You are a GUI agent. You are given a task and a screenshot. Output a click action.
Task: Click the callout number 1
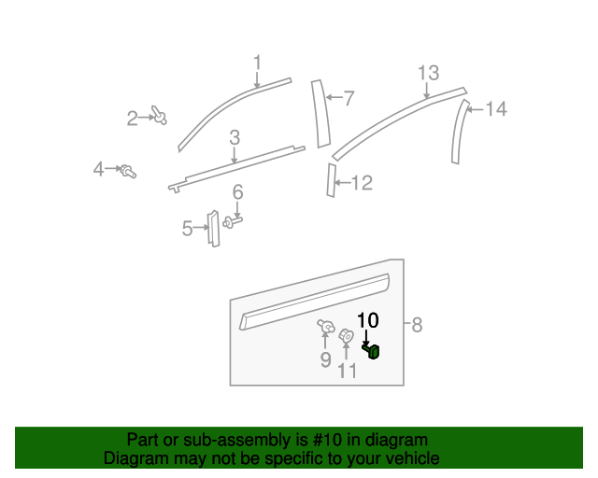pos(257,63)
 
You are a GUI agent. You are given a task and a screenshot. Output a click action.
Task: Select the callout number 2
pos(133,118)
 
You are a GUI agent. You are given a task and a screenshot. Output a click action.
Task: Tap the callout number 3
pos(235,137)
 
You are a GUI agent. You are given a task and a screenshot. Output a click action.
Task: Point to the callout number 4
pos(98,169)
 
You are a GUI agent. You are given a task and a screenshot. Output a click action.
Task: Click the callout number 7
pos(349,98)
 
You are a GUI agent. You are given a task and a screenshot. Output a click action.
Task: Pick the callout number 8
pos(417,325)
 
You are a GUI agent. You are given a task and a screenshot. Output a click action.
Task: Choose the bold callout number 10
pos(368,320)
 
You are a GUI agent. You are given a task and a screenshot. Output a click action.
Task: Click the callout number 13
pos(427,74)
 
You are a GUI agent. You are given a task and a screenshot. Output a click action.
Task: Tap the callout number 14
pos(495,110)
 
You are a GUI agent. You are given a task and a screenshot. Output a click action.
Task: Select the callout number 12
pos(361,183)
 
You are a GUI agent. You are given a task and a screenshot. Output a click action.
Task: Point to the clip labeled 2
pos(160,117)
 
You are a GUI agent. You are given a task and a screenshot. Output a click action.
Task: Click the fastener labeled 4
pos(128,171)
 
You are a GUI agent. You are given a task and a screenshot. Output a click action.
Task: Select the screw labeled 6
pos(231,222)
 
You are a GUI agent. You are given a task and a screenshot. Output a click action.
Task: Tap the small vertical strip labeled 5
pos(213,228)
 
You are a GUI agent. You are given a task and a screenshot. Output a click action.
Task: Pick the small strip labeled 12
pos(331,180)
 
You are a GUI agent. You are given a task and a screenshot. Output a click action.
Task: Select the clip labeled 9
pos(326,326)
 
